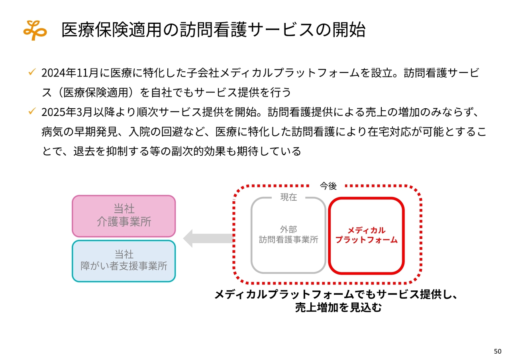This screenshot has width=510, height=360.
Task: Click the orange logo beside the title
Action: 35,30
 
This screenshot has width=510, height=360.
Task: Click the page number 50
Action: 498,351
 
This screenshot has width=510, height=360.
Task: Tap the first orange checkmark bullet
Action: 32,72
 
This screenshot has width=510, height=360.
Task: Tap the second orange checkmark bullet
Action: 32,111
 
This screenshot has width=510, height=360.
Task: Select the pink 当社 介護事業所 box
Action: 124,216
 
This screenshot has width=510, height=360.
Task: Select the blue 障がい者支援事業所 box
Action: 124,261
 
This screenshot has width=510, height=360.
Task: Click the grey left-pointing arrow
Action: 208,238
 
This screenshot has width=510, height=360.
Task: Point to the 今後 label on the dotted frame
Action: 328,186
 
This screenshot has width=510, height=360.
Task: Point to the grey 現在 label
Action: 288,197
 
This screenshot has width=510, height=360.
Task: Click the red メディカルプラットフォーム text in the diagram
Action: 366,235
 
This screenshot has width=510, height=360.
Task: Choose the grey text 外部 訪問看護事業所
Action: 288,235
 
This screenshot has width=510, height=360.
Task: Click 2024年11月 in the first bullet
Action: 70,73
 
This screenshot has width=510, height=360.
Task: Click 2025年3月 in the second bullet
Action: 67,112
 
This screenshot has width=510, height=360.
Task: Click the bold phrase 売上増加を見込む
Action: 338,307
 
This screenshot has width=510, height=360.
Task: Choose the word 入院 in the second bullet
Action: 139,131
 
